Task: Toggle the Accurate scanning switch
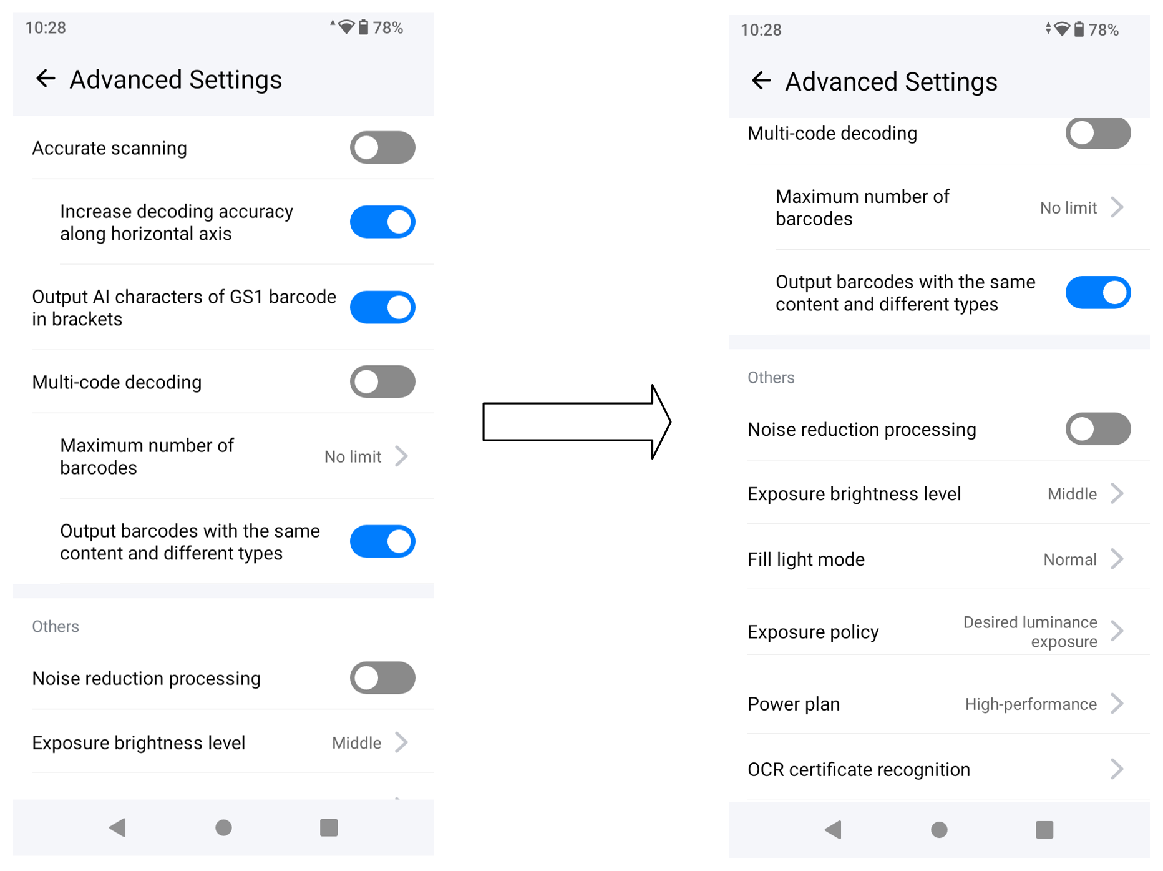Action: click(x=382, y=147)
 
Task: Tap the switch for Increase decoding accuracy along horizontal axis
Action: click(x=382, y=222)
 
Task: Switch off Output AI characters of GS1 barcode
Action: click(x=382, y=307)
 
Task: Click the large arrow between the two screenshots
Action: click(x=577, y=422)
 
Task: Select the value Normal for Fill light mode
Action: click(x=1070, y=559)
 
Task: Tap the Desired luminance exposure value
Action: click(x=1030, y=632)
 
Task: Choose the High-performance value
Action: click(x=1031, y=704)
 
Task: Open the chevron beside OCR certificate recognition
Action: click(x=1117, y=769)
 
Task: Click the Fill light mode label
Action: click(x=806, y=559)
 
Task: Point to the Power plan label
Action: click(x=794, y=704)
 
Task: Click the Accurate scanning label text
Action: click(x=110, y=148)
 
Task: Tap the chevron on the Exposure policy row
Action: click(x=1117, y=631)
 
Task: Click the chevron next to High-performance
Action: click(x=1117, y=704)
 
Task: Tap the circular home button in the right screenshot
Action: click(x=939, y=829)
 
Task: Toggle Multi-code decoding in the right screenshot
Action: click(x=1098, y=133)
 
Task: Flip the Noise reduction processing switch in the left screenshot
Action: click(x=382, y=678)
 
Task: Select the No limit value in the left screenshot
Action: click(x=353, y=457)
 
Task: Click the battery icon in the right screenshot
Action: click(x=1079, y=29)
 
